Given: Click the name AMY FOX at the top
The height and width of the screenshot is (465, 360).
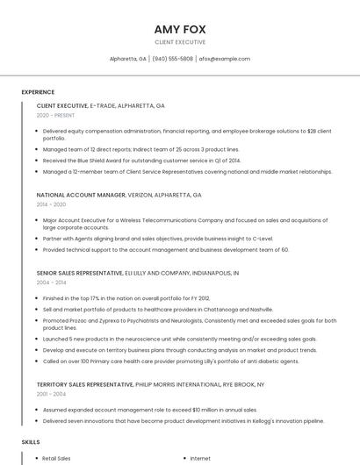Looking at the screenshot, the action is tap(180, 29).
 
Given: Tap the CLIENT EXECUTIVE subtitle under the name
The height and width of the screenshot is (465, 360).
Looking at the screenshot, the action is tap(180, 42).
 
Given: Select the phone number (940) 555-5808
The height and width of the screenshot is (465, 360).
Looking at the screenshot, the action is tap(173, 59).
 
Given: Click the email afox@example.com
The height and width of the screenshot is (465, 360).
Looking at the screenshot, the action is tap(225, 59).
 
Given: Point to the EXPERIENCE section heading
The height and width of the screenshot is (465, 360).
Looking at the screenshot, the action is tap(38, 92).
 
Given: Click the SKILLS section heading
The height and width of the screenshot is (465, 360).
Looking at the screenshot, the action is tap(31, 441).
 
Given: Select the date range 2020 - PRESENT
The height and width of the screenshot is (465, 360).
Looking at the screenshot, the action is tap(56, 115).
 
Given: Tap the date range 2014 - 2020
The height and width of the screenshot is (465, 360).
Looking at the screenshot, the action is tap(51, 204).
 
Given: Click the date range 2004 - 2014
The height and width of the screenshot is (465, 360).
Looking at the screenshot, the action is tap(51, 283).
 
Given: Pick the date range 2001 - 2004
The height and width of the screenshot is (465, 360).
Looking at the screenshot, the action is tap(51, 394).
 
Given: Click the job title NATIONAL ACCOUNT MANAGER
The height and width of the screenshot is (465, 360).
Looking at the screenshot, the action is tap(82, 195).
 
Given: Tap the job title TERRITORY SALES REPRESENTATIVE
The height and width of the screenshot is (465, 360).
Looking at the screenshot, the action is tap(84, 384).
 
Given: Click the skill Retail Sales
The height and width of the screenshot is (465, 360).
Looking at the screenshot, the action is tap(57, 458).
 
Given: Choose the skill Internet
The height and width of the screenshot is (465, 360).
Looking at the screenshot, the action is tap(200, 458).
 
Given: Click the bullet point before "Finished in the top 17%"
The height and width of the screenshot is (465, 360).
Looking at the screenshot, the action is tap(37, 298).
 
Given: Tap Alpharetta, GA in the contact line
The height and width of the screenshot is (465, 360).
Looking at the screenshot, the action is tap(128, 59).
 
